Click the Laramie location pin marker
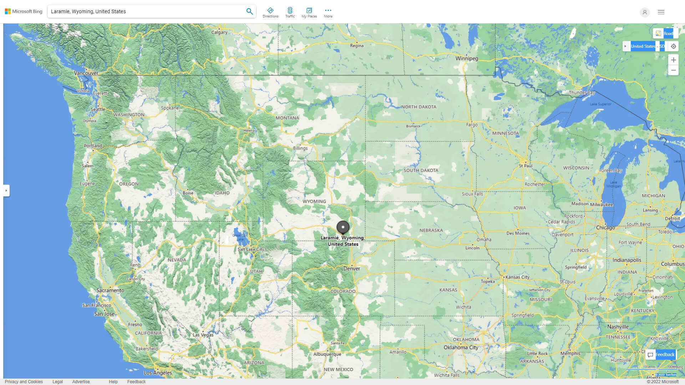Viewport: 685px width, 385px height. (x=343, y=227)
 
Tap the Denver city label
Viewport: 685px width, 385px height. (x=351, y=269)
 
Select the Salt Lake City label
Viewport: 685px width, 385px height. (x=251, y=250)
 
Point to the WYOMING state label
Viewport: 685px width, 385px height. (x=314, y=201)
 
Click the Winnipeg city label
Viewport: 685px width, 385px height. (x=467, y=58)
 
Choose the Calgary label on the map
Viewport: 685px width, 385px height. (x=219, y=32)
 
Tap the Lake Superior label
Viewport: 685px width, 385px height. (x=600, y=104)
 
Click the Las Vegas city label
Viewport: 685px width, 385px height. (x=203, y=335)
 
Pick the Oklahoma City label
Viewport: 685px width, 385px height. (x=461, y=347)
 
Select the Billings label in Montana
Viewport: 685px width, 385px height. (x=300, y=148)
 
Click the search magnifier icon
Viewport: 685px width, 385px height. (x=250, y=11)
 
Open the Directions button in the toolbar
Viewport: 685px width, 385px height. (x=270, y=12)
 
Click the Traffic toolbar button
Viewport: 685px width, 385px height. (x=290, y=12)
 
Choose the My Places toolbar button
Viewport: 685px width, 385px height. (x=309, y=12)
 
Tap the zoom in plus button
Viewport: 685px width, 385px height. (x=673, y=60)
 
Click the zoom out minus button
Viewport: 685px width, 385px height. (x=673, y=70)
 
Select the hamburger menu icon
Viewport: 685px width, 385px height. (x=661, y=12)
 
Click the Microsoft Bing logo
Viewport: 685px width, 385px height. (x=24, y=11)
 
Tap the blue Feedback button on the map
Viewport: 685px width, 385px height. (x=661, y=354)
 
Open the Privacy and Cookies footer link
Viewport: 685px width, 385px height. (x=24, y=381)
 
